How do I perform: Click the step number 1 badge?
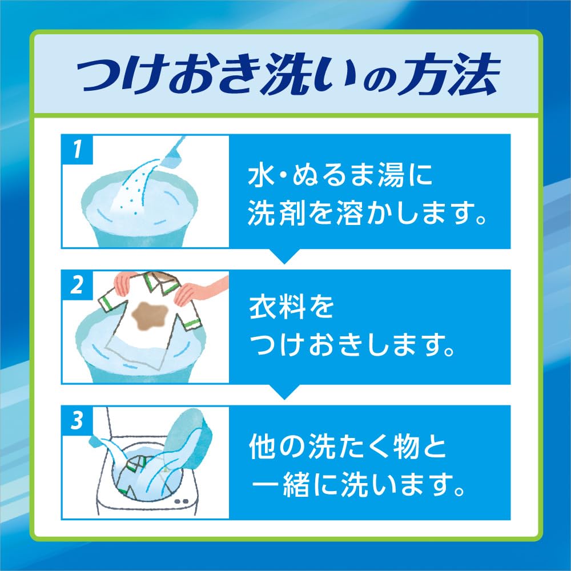(x=77, y=149)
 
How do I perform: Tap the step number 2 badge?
(x=77, y=285)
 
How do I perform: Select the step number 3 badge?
(x=77, y=421)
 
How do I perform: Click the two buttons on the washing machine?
(x=182, y=501)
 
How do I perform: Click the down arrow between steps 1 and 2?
(x=285, y=256)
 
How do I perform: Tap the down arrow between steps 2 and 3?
(x=285, y=392)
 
